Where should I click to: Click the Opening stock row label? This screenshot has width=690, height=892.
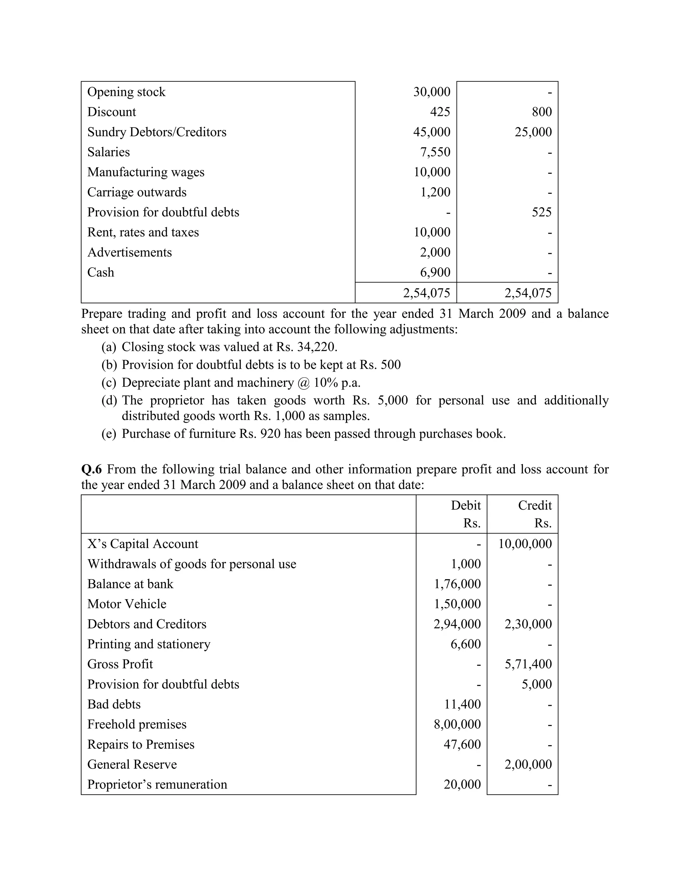coord(126,92)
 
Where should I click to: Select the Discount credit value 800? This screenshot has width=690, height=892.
coord(542,112)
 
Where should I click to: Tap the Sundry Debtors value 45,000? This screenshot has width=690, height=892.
coord(432,132)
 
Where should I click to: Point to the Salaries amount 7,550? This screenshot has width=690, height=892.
coord(435,152)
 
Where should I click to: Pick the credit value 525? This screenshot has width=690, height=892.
coord(542,212)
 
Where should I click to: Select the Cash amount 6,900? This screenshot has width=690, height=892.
coord(435,272)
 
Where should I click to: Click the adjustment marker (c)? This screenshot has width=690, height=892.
coord(109,383)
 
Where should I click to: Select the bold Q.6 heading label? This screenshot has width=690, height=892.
coord(92,469)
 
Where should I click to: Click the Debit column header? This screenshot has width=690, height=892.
coord(466,506)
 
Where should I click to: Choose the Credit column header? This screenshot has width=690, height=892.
coord(535,506)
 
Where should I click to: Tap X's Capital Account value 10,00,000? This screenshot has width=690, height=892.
coord(525,544)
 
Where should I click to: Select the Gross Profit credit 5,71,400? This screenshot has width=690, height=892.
coord(528,664)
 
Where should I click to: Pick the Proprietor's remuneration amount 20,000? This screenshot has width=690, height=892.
coord(462,784)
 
